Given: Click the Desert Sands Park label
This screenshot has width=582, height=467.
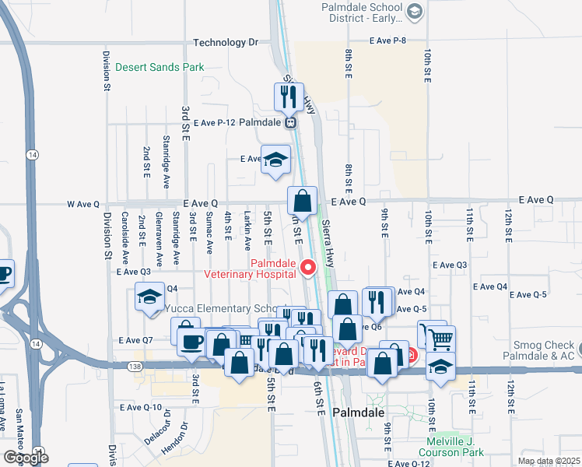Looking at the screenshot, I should pyautogui.click(x=160, y=68).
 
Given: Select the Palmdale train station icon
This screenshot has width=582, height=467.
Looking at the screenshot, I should pyautogui.click(x=290, y=122).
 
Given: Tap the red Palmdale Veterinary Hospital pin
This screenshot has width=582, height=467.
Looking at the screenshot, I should pyautogui.click(x=307, y=269).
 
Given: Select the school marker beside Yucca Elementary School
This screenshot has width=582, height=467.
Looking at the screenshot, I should pyautogui.click(x=149, y=296).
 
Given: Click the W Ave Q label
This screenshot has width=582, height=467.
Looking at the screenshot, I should pyautogui.click(x=83, y=205).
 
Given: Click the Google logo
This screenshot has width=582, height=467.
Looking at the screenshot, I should pyautogui.click(x=26, y=457).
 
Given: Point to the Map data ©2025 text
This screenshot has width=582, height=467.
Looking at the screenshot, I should pyautogui.click(x=549, y=461).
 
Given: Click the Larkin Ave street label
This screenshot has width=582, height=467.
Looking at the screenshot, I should pyautogui.click(x=247, y=228).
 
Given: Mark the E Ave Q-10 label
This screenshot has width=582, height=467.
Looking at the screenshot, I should pyautogui.click(x=141, y=408).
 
